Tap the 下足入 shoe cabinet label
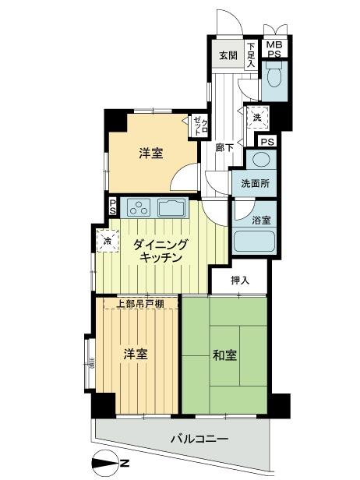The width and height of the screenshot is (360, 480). (x=251, y=56)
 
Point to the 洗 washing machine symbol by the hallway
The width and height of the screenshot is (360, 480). (x=256, y=118)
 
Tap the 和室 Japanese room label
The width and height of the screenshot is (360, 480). (x=225, y=356)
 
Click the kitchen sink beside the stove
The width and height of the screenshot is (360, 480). (x=172, y=208)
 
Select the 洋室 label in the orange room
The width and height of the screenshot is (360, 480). (x=151, y=153)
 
